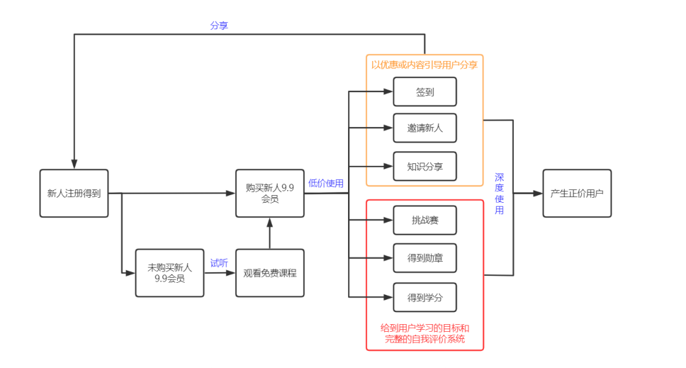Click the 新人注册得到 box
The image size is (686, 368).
(x=74, y=193)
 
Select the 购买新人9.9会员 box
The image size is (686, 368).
(x=269, y=193)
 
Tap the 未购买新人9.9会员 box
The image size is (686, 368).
(x=170, y=273)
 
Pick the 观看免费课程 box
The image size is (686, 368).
(x=269, y=273)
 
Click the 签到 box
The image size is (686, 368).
(x=425, y=92)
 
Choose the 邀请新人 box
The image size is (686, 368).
(x=425, y=128)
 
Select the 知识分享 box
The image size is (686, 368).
(x=425, y=167)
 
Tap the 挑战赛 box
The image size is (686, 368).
(x=425, y=221)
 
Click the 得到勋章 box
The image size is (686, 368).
(x=425, y=258)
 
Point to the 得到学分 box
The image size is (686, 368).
(x=425, y=297)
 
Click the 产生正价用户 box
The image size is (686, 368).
(x=577, y=193)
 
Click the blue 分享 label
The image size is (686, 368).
(x=219, y=26)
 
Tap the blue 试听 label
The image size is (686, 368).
(x=219, y=262)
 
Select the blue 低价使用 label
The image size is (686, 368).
(x=326, y=183)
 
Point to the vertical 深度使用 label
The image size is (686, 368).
(x=499, y=193)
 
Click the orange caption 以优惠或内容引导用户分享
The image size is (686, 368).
(x=424, y=65)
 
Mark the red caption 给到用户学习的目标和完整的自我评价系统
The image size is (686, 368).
(x=425, y=334)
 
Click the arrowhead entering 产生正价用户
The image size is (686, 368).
(x=537, y=193)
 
